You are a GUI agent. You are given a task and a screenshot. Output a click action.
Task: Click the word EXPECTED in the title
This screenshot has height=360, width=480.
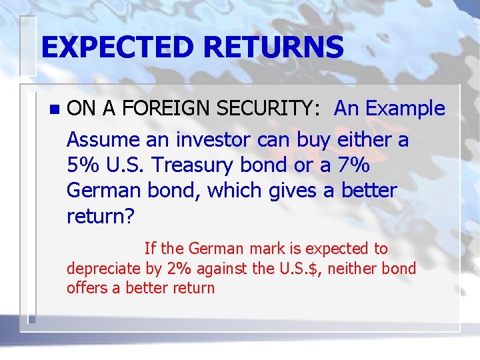[x=117, y=47]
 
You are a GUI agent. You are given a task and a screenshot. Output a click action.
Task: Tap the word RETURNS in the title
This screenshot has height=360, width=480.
[x=274, y=47]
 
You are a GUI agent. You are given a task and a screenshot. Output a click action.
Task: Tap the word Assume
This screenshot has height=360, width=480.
[x=103, y=140]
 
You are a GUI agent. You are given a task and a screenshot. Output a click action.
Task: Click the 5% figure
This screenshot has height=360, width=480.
[x=82, y=165]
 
